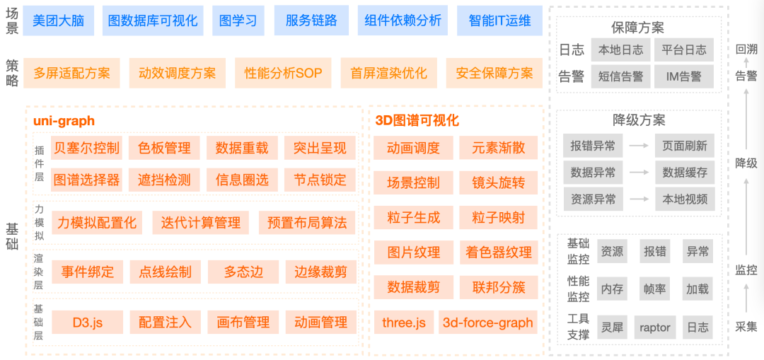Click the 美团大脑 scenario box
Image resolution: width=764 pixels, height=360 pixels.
point(58,21)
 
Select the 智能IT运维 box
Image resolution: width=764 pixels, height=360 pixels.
point(499,21)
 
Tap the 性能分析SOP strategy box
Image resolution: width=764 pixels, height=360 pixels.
point(283,73)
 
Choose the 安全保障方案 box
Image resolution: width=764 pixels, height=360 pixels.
point(494,73)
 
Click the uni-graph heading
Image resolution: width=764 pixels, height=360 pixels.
point(64,121)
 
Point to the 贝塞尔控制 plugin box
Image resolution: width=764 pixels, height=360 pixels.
point(86,148)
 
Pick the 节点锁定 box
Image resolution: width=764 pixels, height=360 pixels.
point(320,180)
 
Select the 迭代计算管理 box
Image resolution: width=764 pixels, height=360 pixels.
point(201,223)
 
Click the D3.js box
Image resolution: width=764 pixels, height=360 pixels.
point(88,323)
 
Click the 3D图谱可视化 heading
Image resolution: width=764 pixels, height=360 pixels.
point(417,121)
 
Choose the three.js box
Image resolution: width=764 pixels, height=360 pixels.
point(403,323)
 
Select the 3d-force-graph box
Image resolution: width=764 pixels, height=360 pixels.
point(487,323)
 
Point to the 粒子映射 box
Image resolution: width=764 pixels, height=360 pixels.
point(499,217)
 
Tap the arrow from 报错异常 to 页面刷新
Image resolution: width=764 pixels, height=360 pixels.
point(639,146)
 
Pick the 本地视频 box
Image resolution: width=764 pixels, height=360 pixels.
point(685,199)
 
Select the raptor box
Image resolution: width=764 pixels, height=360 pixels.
point(654,327)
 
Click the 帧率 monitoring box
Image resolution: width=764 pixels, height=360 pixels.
point(654,289)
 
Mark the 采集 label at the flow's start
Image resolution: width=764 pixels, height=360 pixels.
point(746,327)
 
